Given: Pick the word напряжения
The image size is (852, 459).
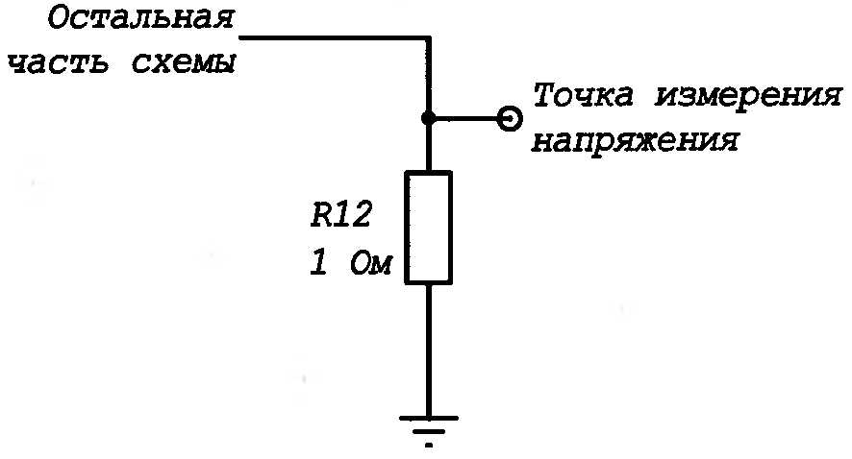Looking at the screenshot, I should click(x=635, y=141).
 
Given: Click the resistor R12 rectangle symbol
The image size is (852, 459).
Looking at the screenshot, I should click(x=428, y=228).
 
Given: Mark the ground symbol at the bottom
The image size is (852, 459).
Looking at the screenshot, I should click(x=428, y=426).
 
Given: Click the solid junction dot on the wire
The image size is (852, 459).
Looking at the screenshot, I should click(x=428, y=118).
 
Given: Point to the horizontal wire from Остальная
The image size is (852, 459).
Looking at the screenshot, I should click(x=332, y=38).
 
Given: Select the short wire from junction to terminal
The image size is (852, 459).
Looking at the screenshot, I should click(x=467, y=118).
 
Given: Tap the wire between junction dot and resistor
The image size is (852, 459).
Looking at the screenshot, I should click(x=428, y=146).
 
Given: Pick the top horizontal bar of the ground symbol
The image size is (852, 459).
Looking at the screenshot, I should click(x=428, y=417).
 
